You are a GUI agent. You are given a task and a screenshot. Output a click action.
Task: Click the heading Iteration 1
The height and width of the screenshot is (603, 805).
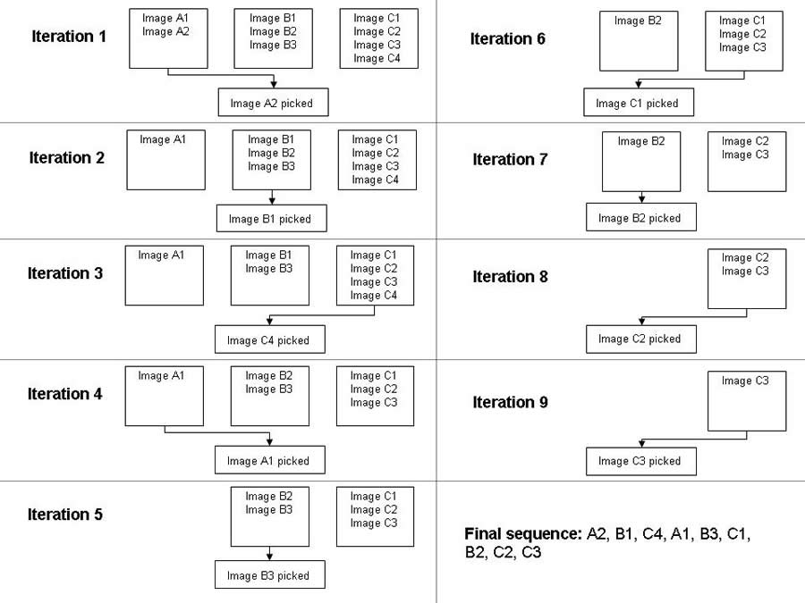69,37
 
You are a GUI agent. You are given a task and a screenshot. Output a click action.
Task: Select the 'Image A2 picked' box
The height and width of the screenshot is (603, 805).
273,103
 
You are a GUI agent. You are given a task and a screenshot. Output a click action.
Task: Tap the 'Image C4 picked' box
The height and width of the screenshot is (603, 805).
270,339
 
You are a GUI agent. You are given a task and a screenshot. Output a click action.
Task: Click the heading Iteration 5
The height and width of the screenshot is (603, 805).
65,515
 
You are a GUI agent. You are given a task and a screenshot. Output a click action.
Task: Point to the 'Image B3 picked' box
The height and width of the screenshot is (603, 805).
270,574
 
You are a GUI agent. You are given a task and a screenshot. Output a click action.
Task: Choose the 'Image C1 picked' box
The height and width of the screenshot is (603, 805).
639,103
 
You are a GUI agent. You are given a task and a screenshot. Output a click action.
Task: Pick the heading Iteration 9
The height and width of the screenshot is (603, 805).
511,402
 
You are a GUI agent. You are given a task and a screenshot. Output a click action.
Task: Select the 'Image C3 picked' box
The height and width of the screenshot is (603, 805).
641,461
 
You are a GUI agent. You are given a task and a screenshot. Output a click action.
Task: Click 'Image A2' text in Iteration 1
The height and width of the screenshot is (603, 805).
165,32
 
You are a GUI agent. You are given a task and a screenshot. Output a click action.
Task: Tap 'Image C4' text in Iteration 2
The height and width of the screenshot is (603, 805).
376,180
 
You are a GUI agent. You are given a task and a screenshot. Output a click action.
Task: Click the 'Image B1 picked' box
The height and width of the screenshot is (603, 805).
272,219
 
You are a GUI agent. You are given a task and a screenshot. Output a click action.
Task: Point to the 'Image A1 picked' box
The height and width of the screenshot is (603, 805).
270,460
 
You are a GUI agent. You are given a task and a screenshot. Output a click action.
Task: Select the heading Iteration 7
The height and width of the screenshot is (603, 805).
511,160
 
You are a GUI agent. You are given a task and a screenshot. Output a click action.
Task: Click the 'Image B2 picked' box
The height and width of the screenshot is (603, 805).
641,217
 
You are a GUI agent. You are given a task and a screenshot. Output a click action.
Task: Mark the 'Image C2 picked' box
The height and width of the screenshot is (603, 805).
641,339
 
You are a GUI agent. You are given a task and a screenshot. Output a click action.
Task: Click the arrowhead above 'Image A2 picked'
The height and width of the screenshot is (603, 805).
274,84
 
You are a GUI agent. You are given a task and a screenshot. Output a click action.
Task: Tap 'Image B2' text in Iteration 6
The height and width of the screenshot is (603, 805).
638,21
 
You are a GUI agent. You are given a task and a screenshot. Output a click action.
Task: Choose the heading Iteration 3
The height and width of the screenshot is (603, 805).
65,273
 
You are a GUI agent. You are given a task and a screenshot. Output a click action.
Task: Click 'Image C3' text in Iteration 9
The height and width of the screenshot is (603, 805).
745,381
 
